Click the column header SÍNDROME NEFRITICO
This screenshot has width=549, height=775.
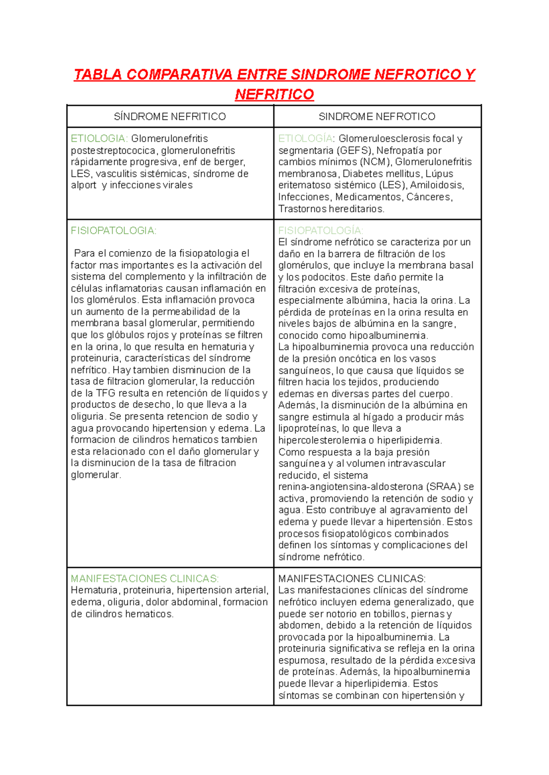170,117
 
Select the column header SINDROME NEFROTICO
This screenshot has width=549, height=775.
377,117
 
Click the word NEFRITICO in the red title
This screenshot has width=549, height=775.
274,95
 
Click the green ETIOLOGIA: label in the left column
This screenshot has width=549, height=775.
99,139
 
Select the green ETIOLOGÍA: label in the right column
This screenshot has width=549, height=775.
307,139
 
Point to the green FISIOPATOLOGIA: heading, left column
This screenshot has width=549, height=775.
113,231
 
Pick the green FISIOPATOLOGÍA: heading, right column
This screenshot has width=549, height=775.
321,231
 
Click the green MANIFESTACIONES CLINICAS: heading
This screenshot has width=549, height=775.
145,579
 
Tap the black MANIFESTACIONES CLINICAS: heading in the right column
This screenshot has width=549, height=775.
352,579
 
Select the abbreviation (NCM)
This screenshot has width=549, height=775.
376,162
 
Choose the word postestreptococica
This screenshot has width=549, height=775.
113,151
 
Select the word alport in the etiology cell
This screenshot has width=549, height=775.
84,185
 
